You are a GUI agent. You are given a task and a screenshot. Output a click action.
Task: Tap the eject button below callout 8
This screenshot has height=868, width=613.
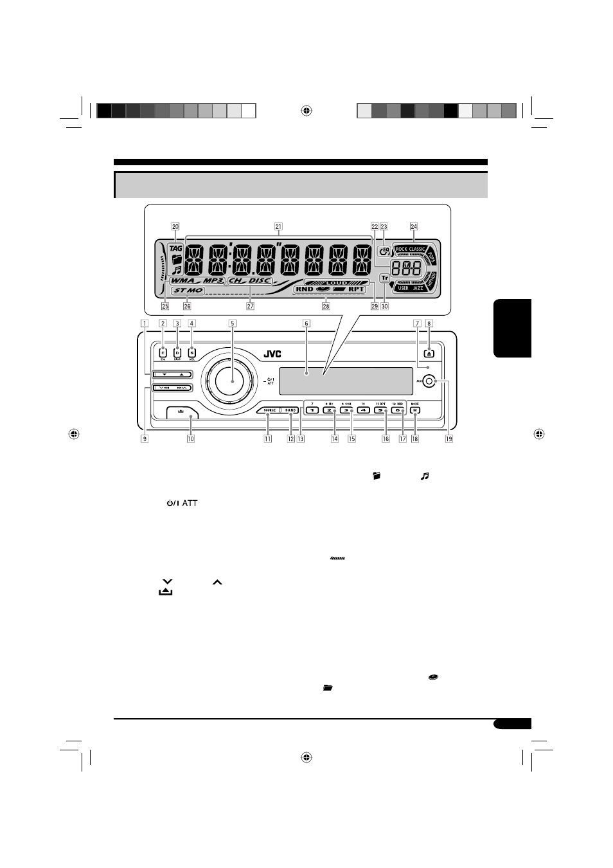coord(429,352)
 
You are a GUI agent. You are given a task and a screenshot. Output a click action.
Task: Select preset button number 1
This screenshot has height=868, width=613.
coord(311,410)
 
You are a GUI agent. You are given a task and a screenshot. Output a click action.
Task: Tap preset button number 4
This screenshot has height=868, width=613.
coord(363,410)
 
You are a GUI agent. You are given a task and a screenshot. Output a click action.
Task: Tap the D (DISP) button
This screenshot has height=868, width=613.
coord(177,352)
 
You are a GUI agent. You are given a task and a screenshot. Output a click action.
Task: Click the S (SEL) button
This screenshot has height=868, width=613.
coord(191,352)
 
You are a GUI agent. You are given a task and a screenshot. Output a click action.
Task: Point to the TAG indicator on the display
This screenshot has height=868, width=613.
coord(175,248)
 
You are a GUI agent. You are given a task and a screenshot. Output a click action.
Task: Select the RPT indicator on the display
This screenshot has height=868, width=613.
coord(356,289)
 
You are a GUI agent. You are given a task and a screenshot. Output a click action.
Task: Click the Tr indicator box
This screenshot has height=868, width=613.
coord(384,278)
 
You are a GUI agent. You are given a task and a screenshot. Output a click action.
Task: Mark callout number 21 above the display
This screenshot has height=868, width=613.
coord(278,226)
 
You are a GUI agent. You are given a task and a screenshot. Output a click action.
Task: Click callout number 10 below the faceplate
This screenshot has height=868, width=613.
coord(191,439)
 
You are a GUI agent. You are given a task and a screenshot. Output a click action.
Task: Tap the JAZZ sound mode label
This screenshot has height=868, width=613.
coord(418,289)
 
